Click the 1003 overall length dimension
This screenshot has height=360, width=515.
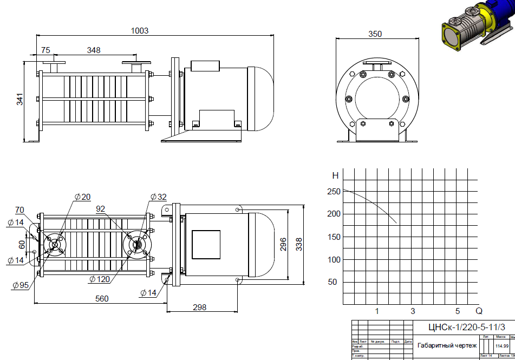tap(140, 31)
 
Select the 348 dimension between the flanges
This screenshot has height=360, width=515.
tap(94, 50)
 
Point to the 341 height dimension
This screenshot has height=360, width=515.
tap(20, 100)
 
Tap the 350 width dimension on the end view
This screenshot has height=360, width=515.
tap(375, 34)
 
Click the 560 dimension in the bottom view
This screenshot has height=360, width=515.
tap(102, 298)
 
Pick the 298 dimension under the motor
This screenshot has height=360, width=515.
tap(199, 307)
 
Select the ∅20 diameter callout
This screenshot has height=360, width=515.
tap(83, 197)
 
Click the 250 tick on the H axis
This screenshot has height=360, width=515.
tap(334, 191)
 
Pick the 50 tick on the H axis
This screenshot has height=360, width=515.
tap(333, 282)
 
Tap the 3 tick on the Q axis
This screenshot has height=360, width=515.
tap(413, 311)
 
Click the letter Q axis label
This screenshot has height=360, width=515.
tap(479, 311)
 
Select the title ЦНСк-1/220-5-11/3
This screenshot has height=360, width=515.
tap(462, 327)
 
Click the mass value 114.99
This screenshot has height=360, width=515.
tap(502, 346)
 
